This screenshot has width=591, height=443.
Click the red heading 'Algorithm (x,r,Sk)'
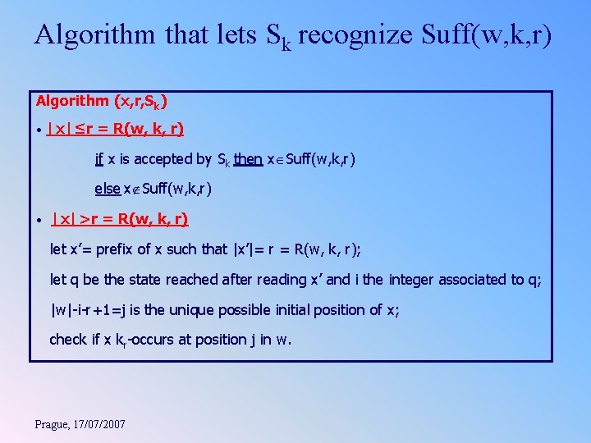[x=103, y=102]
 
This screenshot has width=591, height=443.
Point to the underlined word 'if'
[x=99, y=159]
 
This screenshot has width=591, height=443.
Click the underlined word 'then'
[x=248, y=159]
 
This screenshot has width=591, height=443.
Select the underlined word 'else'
[x=108, y=189]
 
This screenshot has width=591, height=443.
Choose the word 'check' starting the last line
[x=68, y=340]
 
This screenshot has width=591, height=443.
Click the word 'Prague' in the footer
[x=53, y=424]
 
